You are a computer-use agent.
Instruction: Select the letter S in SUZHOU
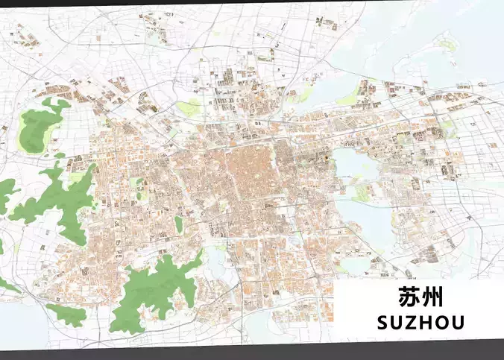(383, 323)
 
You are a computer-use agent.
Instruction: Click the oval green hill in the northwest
(37, 128)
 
